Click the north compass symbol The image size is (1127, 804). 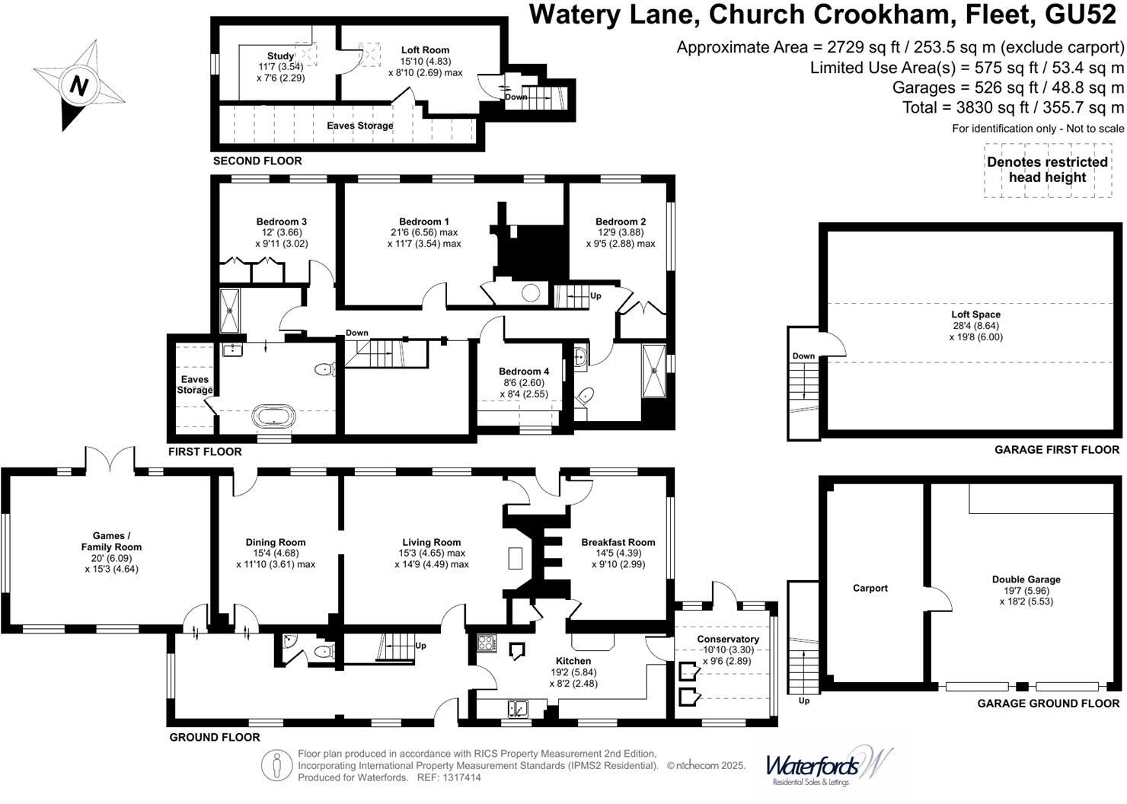78,85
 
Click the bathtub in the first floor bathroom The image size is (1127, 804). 273,417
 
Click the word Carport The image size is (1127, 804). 870,588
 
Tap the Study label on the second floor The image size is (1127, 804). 280,56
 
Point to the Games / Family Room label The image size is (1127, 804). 111,541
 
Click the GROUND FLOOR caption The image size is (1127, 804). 214,737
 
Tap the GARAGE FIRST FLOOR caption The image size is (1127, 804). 1056,450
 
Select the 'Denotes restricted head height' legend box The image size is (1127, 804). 1047,170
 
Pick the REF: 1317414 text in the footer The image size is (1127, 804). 445,777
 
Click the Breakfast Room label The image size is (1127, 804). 618,542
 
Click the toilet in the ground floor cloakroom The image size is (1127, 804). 323,651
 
